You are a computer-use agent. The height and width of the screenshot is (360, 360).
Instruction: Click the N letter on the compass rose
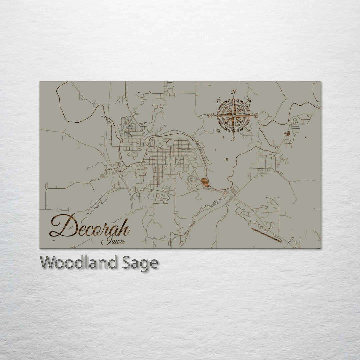[234, 92]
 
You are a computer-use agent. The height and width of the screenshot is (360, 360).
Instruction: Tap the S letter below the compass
[234, 139]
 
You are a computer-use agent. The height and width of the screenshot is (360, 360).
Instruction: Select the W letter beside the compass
[211, 116]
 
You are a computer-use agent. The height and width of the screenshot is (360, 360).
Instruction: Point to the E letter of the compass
[256, 116]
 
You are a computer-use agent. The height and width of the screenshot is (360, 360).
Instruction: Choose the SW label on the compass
[219, 131]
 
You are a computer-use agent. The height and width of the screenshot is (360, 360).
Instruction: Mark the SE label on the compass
[249, 131]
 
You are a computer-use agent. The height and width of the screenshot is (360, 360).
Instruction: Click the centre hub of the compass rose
[234, 115]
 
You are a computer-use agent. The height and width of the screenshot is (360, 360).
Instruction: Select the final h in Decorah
[124, 229]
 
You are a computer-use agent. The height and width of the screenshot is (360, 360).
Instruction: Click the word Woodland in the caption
[78, 263]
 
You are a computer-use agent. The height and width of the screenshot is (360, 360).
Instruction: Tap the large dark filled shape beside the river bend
[205, 182]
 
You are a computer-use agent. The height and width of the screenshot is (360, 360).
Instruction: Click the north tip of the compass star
[234, 97]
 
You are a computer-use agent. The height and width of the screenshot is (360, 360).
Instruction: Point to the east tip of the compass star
[253, 115]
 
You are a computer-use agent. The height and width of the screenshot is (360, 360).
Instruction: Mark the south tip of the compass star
[234, 134]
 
